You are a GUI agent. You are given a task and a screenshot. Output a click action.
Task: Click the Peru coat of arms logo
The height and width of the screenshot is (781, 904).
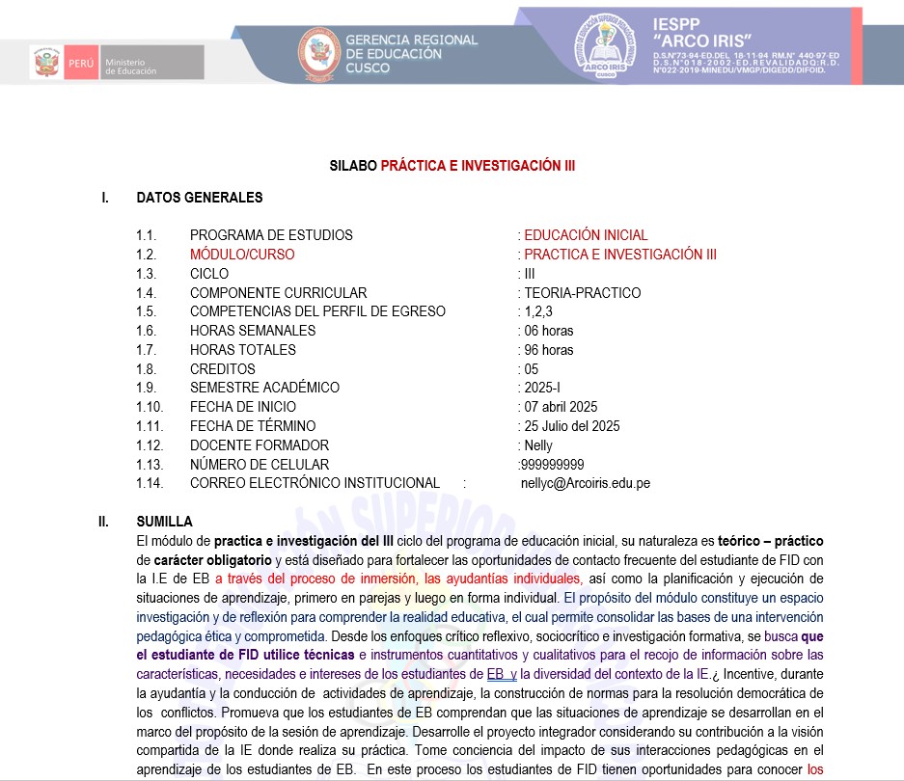(x=47, y=63)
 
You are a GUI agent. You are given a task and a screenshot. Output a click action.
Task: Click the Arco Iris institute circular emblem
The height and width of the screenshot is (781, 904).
(x=606, y=46)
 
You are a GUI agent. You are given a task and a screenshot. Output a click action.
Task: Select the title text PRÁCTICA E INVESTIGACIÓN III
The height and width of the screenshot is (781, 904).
(x=478, y=166)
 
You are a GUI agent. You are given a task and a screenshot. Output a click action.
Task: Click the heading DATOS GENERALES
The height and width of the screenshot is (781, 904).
(x=200, y=198)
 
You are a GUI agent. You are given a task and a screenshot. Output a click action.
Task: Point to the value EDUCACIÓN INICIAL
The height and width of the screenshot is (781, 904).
(x=586, y=235)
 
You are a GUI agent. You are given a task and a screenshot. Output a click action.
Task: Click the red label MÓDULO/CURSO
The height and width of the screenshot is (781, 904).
(x=242, y=255)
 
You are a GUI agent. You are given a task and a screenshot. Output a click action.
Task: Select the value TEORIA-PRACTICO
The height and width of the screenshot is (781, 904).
(x=582, y=293)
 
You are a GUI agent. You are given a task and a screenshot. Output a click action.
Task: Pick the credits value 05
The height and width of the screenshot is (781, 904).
(x=532, y=369)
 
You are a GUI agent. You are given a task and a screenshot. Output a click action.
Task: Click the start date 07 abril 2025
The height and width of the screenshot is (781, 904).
(x=561, y=407)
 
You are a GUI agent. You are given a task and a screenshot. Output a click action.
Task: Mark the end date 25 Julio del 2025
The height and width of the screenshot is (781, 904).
(x=571, y=426)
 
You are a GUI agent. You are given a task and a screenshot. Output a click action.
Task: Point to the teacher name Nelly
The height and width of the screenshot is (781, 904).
(x=538, y=445)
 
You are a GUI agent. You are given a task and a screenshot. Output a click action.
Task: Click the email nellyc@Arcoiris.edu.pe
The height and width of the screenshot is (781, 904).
(x=586, y=483)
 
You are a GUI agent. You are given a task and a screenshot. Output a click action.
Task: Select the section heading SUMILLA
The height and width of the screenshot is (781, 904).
(x=165, y=522)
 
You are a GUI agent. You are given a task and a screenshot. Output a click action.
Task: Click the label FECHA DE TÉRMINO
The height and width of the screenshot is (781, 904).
(x=253, y=426)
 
